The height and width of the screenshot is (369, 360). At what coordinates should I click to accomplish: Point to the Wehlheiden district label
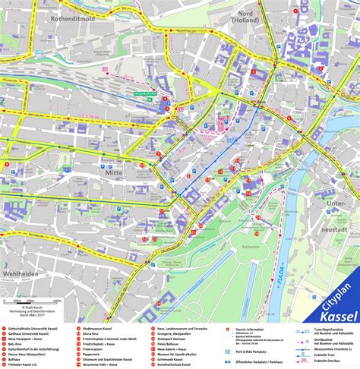[21, 273]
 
